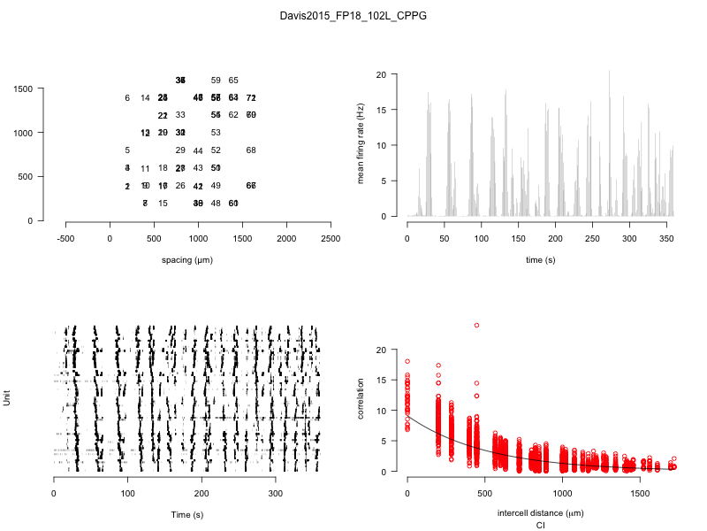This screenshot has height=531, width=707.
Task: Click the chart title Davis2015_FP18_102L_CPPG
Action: click(353, 16)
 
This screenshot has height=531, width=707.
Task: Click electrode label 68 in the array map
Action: click(251, 150)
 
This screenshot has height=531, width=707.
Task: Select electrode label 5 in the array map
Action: click(127, 150)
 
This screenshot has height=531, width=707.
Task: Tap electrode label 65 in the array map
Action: click(233, 81)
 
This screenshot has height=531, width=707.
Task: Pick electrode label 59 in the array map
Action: click(216, 81)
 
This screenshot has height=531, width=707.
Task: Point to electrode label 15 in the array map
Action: click(163, 204)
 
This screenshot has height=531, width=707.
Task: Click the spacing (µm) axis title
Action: click(186, 259)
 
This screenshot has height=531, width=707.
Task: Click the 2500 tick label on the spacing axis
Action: click(331, 238)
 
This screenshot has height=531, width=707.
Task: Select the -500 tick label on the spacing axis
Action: click(66, 238)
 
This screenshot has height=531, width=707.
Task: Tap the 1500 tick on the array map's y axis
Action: click(23, 88)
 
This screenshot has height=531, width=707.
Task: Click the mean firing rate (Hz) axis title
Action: click(361, 146)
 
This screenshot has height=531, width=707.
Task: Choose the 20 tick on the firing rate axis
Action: click(382, 74)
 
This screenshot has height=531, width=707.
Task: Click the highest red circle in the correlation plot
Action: click(476, 325)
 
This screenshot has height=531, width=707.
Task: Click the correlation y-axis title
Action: click(361, 412)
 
